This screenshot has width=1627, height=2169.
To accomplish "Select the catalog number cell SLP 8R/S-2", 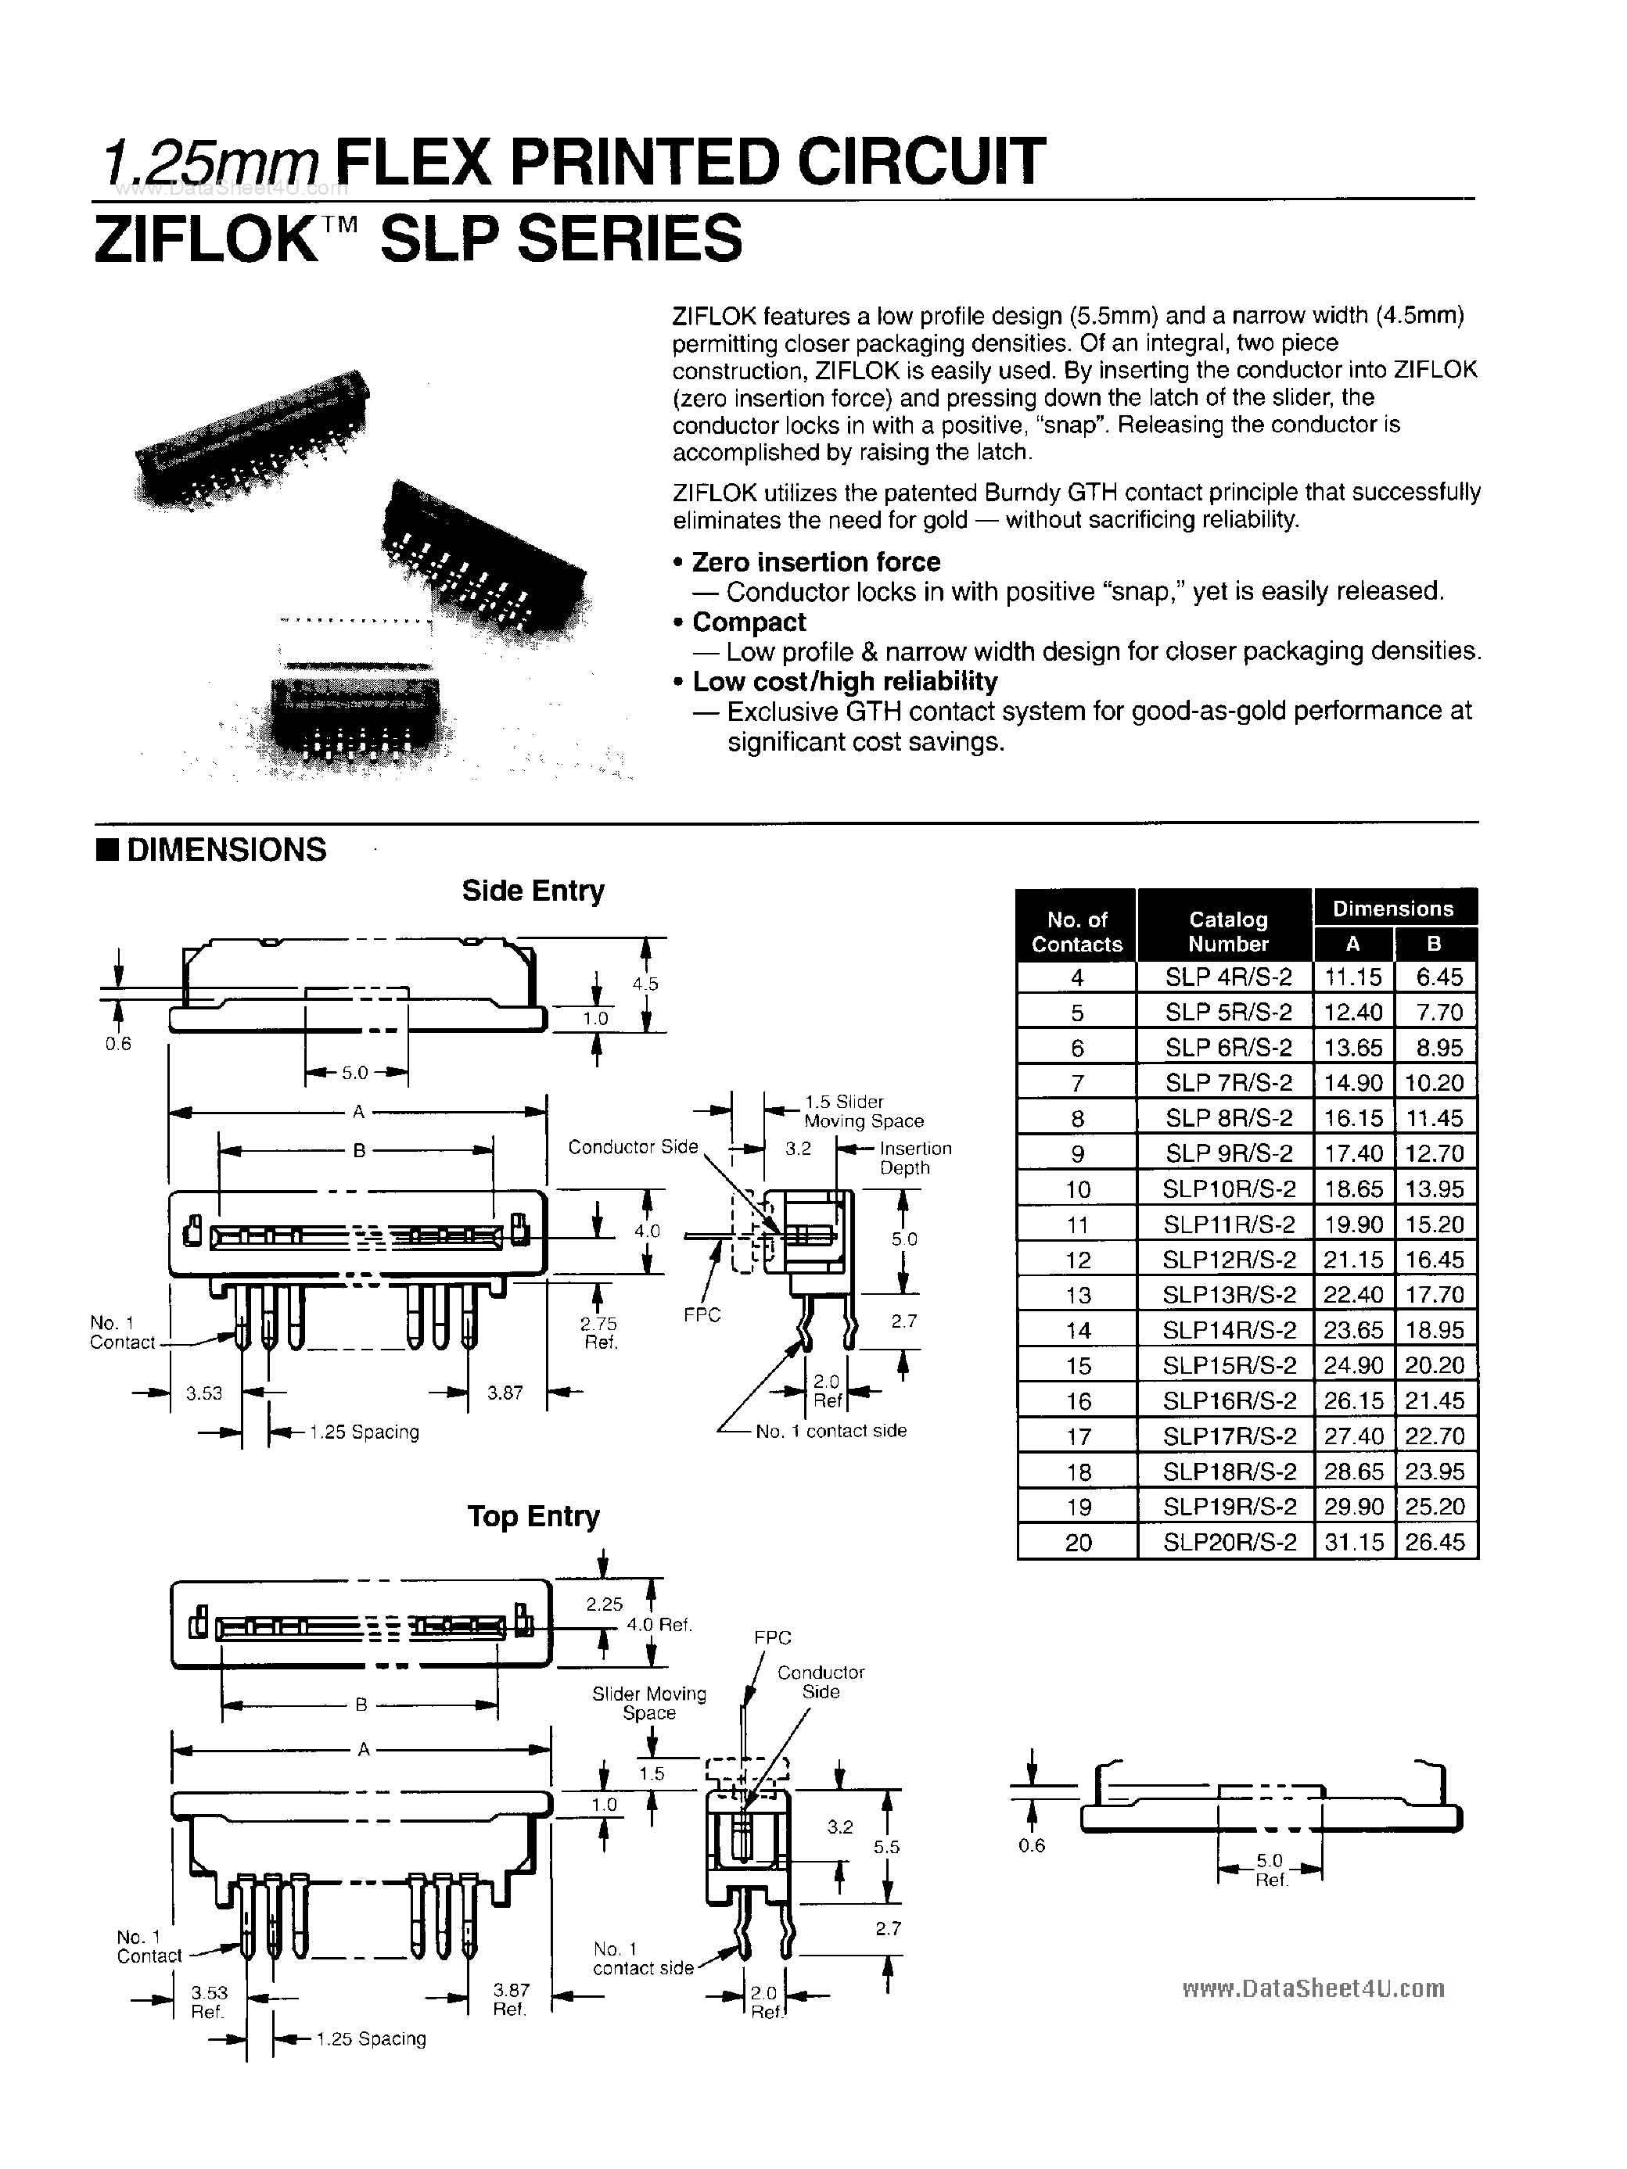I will (1228, 1118).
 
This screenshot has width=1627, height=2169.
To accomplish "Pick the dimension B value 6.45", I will (1438, 977).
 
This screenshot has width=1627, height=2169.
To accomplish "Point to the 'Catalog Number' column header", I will (1228, 931).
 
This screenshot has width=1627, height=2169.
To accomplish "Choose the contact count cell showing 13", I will (1077, 1296).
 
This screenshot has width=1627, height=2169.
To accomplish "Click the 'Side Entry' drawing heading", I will (533, 891).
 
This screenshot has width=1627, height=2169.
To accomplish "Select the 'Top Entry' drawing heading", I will (533, 1516).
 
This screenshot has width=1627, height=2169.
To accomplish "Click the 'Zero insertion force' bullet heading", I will (815, 562).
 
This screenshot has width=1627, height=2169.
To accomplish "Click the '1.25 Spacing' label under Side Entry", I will (364, 1432).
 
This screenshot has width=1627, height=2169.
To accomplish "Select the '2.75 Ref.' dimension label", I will (600, 1332).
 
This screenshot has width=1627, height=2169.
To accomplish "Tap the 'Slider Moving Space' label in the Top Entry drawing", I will (648, 1703).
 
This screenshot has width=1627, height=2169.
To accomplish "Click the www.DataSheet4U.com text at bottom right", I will (1313, 1988).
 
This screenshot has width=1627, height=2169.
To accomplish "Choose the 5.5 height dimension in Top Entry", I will (886, 1846).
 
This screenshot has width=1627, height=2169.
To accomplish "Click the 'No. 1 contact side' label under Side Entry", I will (830, 1431).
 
